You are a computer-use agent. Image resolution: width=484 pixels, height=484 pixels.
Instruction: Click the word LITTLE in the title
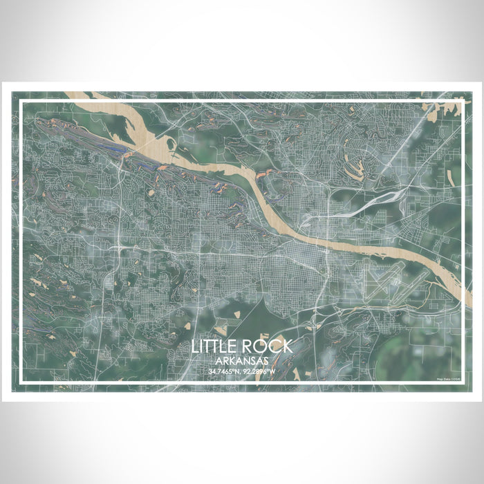(x=217, y=347)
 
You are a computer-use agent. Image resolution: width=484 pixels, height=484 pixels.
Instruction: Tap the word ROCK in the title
(x=268, y=347)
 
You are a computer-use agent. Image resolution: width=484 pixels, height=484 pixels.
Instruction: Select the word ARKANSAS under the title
(x=241, y=362)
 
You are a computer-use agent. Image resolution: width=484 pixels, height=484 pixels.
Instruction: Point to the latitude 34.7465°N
(x=223, y=373)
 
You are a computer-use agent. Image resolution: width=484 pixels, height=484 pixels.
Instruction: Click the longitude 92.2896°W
(x=260, y=373)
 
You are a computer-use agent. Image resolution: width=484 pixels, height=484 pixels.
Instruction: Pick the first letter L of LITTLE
(x=196, y=347)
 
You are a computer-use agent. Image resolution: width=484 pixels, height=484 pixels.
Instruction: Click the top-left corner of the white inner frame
(x=21, y=102)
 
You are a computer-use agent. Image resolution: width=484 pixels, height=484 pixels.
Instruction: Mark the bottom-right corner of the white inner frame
(x=462, y=382)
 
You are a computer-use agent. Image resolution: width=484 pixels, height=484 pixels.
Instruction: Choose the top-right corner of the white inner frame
(x=462, y=102)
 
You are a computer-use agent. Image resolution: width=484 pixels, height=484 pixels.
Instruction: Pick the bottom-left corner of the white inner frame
(x=21, y=382)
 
